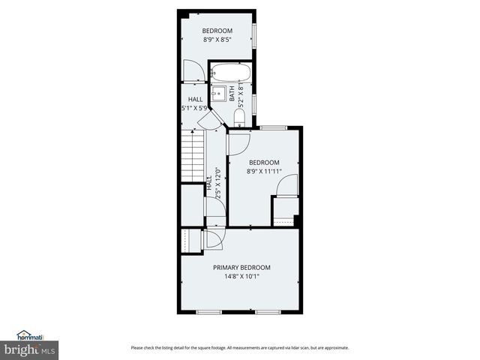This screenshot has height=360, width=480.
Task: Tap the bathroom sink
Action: click(218, 94)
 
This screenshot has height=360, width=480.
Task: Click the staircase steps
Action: click(193, 154)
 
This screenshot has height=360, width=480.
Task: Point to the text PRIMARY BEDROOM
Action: click(241, 268)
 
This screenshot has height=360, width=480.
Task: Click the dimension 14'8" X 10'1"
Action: click(241, 276)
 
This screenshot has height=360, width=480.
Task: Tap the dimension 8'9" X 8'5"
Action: click(217, 40)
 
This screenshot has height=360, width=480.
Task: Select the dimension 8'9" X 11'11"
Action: click(264, 171)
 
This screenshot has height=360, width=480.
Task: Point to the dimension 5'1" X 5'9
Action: click(195, 108)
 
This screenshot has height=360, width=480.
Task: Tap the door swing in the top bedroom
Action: click(192, 70)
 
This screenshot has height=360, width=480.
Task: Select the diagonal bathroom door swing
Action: click(214, 120)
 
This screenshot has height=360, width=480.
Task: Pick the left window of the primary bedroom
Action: click(208, 311)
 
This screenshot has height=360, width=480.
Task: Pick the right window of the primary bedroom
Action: click(266, 311)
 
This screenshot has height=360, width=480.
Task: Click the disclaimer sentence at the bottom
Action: click(239, 348)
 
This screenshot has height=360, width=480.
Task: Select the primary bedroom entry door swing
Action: click(213, 239)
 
